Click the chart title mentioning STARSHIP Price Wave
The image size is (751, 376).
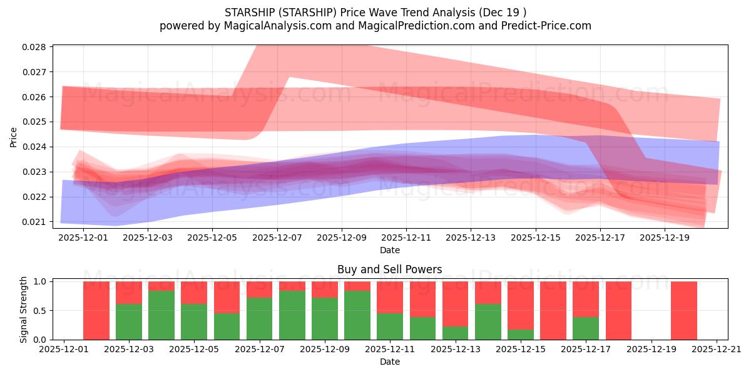(375, 12)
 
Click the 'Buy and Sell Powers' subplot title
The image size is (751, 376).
(389, 269)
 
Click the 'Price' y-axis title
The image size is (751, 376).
(14, 137)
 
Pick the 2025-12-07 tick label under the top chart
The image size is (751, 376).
(277, 238)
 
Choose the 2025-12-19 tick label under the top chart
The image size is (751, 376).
(665, 238)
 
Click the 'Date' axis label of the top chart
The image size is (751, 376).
(389, 250)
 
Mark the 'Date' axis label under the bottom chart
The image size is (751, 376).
(389, 362)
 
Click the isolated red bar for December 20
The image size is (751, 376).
(683, 310)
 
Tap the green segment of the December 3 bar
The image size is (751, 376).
(129, 321)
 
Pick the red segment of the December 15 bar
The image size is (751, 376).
(520, 304)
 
